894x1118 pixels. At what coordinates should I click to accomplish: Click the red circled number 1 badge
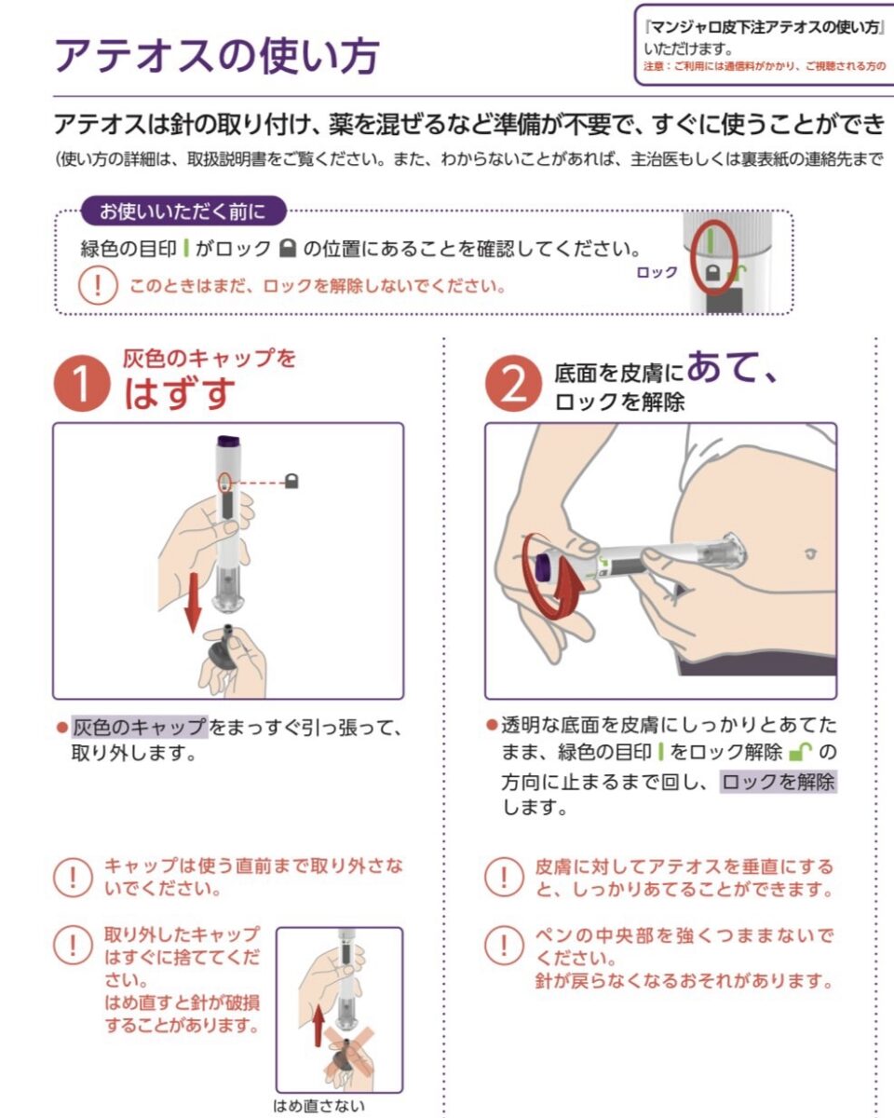tap(82, 383)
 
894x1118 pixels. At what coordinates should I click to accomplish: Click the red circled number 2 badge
tap(513, 383)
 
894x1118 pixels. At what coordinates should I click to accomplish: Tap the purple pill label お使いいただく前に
tap(183, 211)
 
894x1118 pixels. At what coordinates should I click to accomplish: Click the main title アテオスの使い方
tap(217, 56)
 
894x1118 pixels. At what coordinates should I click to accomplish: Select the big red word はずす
tap(179, 393)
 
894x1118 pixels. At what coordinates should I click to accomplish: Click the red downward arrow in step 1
tap(194, 602)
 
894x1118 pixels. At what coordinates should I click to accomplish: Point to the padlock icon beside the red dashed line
tap(291, 481)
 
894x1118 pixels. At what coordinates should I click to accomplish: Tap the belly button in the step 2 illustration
tap(810, 553)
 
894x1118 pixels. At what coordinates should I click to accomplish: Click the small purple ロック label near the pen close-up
tap(657, 272)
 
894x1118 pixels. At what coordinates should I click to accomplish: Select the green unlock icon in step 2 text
tap(800, 752)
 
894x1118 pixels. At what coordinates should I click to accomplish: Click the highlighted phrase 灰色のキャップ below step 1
tap(139, 728)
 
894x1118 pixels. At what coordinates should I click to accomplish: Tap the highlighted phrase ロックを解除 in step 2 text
tap(779, 782)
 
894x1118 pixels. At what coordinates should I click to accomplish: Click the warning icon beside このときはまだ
tap(98, 285)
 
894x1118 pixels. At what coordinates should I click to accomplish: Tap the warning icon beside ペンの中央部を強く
tap(504, 945)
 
